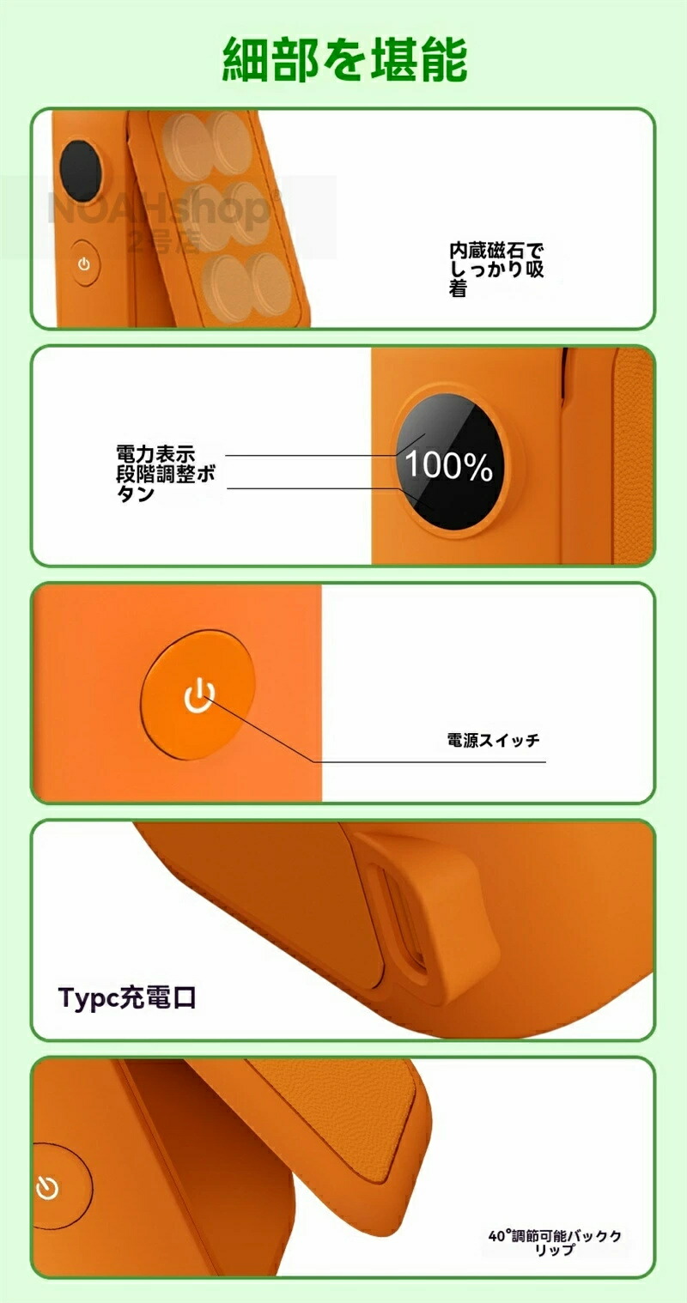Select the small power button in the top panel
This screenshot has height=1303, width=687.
click(x=84, y=264)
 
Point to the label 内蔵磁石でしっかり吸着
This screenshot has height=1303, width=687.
click(x=496, y=270)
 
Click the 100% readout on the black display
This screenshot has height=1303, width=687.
click(x=448, y=466)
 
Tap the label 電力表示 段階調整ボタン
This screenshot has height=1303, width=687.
click(x=165, y=474)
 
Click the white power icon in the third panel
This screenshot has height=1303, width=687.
click(x=199, y=695)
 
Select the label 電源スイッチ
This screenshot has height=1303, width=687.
click(x=493, y=740)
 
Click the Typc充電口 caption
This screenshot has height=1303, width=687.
click(x=127, y=997)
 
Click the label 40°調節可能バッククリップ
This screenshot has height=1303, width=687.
click(x=555, y=1243)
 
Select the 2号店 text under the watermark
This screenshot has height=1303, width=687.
click(x=164, y=240)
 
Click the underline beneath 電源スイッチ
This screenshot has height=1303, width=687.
click(x=430, y=761)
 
